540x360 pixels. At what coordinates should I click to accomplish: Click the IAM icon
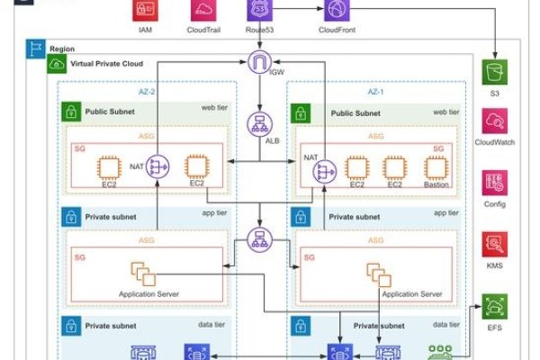(x=145, y=10)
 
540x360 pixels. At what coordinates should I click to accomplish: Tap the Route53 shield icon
(x=259, y=10)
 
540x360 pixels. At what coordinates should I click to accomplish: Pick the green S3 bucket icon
(x=494, y=73)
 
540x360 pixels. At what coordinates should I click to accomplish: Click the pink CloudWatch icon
(x=494, y=123)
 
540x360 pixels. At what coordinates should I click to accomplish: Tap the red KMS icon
(x=494, y=244)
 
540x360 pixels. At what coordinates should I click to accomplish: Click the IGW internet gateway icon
(x=259, y=65)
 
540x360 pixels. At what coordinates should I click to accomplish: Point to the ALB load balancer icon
(x=259, y=124)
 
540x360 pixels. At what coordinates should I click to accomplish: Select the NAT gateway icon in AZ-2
(x=161, y=167)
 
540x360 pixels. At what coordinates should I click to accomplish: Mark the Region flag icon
(x=34, y=48)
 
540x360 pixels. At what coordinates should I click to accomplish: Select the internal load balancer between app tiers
(x=259, y=241)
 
